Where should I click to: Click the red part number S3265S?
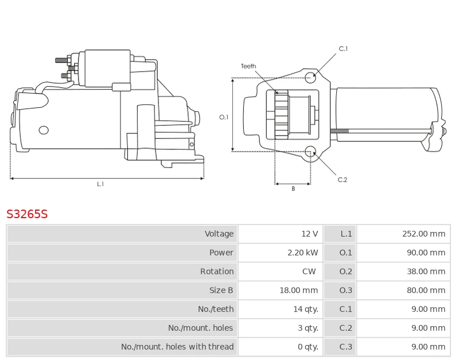(27, 215)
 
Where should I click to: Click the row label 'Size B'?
(221, 291)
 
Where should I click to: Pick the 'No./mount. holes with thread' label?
(177, 347)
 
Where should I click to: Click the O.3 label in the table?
(346, 291)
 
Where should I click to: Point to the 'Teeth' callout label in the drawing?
(248, 67)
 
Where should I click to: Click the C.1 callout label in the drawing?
(343, 49)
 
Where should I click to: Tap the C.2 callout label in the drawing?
(343, 180)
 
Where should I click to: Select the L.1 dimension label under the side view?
(100, 184)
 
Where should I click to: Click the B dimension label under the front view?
(293, 189)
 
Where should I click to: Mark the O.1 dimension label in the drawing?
(224, 117)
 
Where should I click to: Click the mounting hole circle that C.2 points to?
(310, 152)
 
